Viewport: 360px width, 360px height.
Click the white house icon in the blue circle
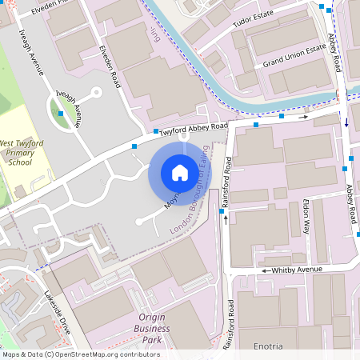pos(180,173)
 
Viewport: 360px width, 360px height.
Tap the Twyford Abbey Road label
pos(193,127)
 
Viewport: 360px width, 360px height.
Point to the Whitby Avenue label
pos(297,270)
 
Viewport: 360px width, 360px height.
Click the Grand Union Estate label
pos(295,54)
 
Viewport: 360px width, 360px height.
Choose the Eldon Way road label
pos(305,217)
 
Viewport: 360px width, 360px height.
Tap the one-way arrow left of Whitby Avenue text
pos(263,272)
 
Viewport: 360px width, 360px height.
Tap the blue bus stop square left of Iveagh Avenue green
pos(60,114)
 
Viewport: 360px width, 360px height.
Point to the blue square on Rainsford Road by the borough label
pos(222,212)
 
